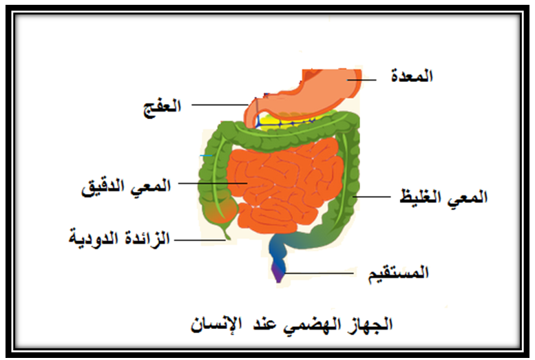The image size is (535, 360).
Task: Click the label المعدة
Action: pos(412,76)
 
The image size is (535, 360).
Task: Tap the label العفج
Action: pos(162,107)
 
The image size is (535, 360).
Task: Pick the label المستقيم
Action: pos(398,273)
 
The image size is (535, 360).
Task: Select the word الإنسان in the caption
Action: pos(216,324)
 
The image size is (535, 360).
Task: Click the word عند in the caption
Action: pos(264,324)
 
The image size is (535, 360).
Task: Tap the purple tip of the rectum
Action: pos(278,274)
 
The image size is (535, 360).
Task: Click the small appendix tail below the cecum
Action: pos(227,232)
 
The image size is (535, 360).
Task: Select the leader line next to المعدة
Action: pos(361,80)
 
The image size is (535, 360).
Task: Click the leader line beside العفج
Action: pos(220,105)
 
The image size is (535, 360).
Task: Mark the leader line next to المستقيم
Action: pos(319,273)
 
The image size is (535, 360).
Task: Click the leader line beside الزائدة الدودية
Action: pos(200,240)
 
